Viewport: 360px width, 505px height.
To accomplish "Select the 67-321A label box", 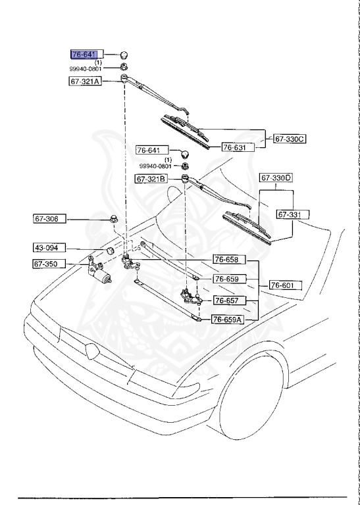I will [x=85, y=82].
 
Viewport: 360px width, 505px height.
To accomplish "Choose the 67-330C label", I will [x=290, y=139].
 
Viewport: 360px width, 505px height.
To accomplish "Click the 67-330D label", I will [x=276, y=178].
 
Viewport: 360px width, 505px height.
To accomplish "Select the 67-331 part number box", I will [x=293, y=214].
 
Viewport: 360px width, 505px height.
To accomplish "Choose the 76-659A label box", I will [x=228, y=320].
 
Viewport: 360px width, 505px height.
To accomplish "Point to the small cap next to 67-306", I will [x=115, y=219].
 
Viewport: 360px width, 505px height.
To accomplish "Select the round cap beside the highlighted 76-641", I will [x=124, y=54].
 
